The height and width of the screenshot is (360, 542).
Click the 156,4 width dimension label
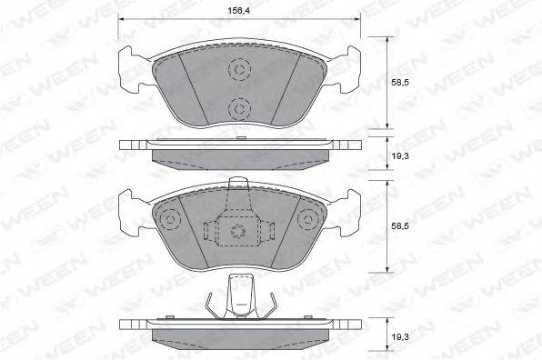(x=239, y=11)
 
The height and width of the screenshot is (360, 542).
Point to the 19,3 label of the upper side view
(x=400, y=156)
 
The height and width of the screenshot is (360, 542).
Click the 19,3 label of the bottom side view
(x=400, y=337)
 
